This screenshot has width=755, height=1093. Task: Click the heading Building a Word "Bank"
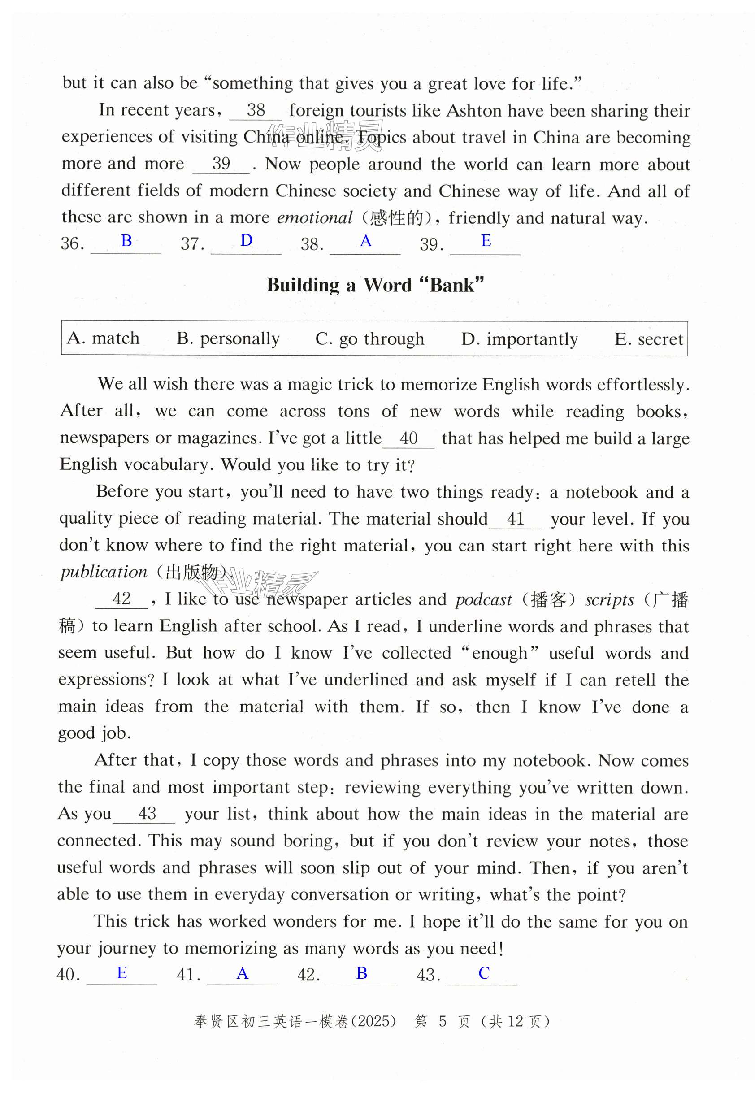(x=375, y=285)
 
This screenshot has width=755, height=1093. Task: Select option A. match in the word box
(x=104, y=338)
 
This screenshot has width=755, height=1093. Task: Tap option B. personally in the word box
(x=228, y=338)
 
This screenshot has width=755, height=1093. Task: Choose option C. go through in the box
(x=369, y=338)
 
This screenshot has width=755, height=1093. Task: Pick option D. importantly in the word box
(x=520, y=339)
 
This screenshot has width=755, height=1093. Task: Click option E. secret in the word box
(x=649, y=339)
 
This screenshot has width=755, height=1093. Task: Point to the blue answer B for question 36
(x=126, y=241)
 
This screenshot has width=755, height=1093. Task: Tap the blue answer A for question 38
(x=366, y=241)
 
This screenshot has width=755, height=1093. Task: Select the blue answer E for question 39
(x=486, y=241)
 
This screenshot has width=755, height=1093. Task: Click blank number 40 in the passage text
(x=408, y=438)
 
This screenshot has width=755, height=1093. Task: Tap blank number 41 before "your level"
(x=515, y=519)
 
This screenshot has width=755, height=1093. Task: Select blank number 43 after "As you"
(x=147, y=814)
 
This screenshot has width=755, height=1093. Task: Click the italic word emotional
(x=315, y=217)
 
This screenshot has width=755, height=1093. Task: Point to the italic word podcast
(x=483, y=600)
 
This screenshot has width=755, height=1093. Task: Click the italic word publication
(x=104, y=572)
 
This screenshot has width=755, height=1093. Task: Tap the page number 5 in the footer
(x=443, y=1022)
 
